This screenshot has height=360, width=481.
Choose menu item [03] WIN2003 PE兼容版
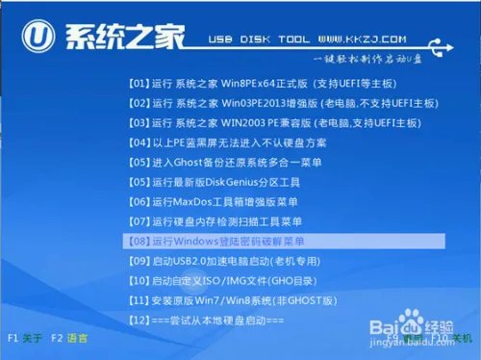(x=255, y=123)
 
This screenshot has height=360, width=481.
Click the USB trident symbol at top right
(x=443, y=41)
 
